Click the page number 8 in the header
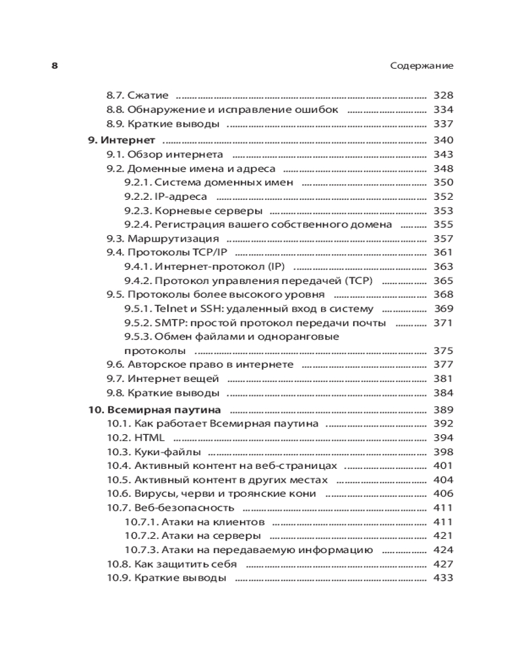(55, 66)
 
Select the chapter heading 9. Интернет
(122, 140)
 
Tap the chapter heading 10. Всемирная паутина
(154, 410)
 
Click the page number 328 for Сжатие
(443, 95)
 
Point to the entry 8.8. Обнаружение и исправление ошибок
(222, 110)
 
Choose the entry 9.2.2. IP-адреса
(165, 197)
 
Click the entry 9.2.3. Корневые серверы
(194, 211)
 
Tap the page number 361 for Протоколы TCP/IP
(443, 253)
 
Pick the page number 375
(443, 351)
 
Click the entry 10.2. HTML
(135, 438)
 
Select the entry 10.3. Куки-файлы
(153, 452)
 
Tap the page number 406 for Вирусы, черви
(443, 494)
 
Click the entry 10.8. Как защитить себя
(171, 564)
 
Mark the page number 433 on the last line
(443, 578)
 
